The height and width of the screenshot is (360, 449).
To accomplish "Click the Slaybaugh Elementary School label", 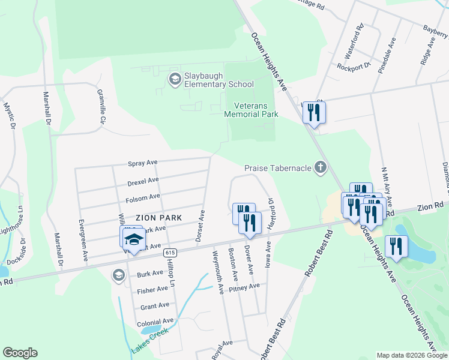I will [219, 79].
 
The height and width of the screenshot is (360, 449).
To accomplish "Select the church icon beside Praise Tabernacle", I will [320, 168].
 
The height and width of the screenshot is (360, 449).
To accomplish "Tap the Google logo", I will [20, 353].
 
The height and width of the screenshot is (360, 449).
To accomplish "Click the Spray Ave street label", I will [142, 163].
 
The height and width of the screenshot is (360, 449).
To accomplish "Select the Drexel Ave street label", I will [143, 180].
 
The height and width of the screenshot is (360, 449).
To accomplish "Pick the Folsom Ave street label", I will [143, 197].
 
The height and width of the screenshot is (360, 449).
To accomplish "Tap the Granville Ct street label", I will [101, 107].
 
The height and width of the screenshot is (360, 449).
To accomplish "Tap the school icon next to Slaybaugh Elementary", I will [175, 79].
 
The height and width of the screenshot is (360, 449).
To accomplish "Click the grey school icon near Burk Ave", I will [118, 275].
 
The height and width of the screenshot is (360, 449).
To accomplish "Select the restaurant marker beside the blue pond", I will [396, 247].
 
